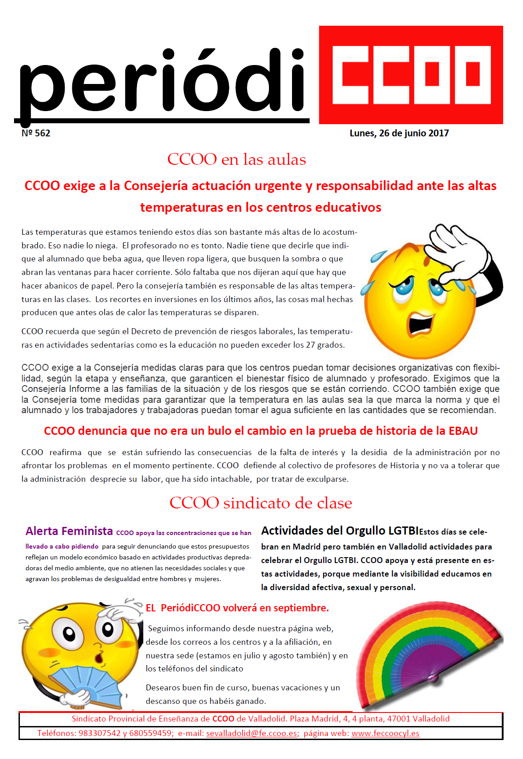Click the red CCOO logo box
[410, 75]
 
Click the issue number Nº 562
[36, 133]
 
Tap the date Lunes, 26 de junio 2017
[399, 133]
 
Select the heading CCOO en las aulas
[236, 159]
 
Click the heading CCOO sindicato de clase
[260, 503]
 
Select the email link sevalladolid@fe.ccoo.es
[251, 733]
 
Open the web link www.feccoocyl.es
[385, 733]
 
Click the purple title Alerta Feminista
[69, 531]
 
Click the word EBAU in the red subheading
[463, 431]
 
